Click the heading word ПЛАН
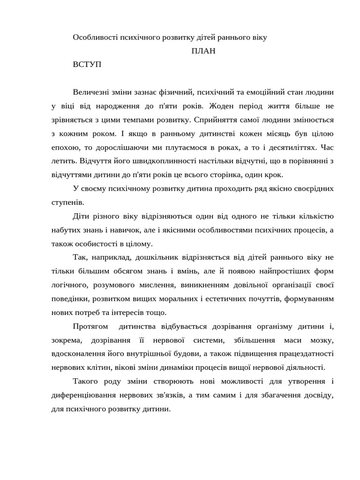click(203, 51)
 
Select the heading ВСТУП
click(87, 65)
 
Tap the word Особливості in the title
click(95, 37)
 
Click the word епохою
click(65, 147)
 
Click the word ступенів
click(67, 202)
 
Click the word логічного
click(70, 285)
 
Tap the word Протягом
click(90, 326)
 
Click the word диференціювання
click(87, 396)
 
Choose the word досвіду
click(318, 396)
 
